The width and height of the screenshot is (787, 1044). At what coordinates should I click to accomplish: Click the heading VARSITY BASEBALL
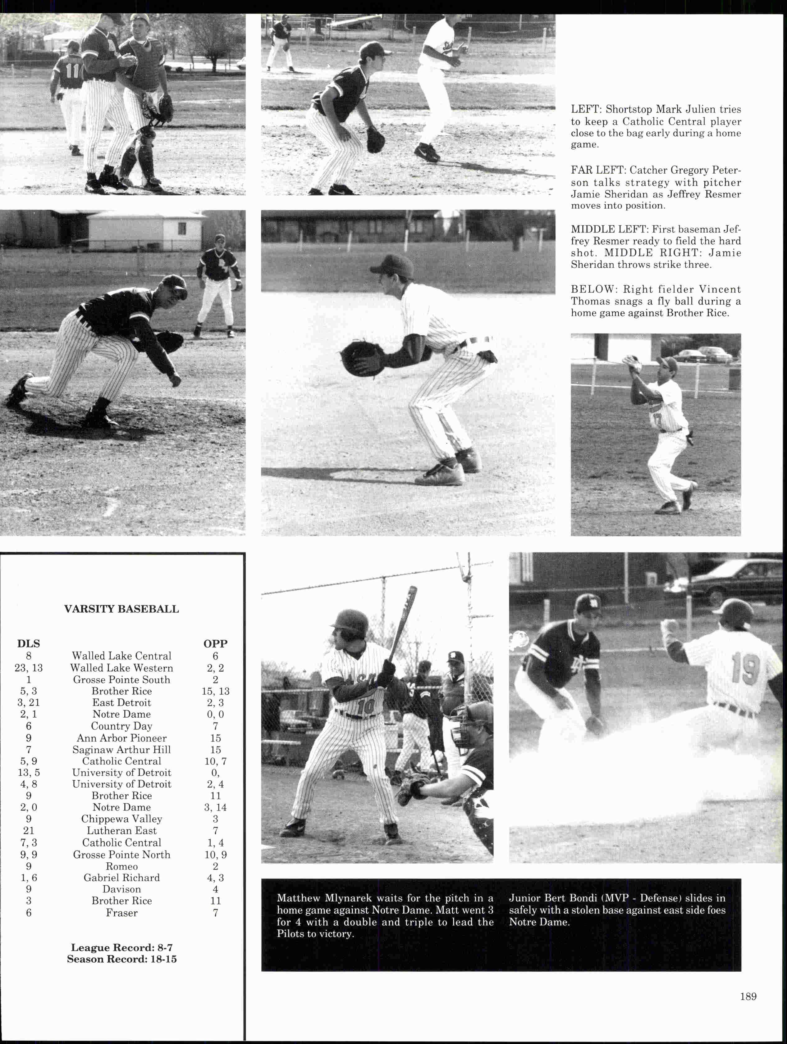(121, 609)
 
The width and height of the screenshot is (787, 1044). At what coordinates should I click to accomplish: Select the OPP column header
(215, 644)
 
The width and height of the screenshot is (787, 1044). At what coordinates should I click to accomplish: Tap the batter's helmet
(350, 622)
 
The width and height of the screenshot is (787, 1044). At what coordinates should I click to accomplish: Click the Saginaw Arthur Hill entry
(122, 750)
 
